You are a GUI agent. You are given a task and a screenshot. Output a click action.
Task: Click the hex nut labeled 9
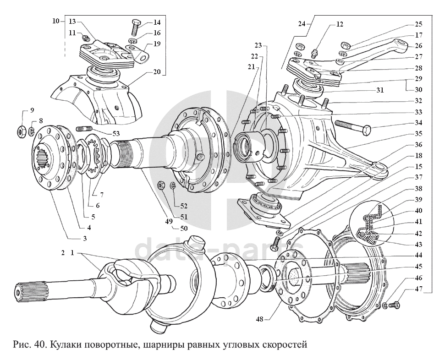pyautogui.click(x=22, y=130)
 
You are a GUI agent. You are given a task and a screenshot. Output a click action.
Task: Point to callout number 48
pyautogui.click(x=259, y=319)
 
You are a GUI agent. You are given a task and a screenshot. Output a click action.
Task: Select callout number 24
pyautogui.click(x=302, y=24)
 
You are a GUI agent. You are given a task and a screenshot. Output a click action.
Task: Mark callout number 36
pyautogui.click(x=418, y=144)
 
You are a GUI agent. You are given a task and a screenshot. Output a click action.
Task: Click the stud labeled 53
pyautogui.click(x=84, y=129)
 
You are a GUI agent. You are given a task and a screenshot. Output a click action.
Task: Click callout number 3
pyautogui.click(x=85, y=238)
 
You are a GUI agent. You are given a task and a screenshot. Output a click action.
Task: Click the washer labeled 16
pyautogui.click(x=133, y=41)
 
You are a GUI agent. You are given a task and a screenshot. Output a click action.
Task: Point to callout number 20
pyautogui.click(x=157, y=71)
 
